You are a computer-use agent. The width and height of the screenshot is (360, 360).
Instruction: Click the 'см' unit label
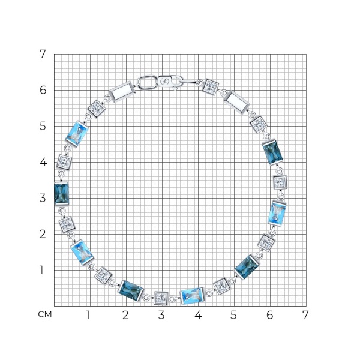[x=45, y=314]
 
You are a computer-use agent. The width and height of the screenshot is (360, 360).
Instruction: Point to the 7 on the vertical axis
[x=43, y=54]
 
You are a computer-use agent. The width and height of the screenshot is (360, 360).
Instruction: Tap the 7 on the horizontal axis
[x=305, y=315]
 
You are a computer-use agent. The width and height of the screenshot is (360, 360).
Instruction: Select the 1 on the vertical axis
[x=41, y=270]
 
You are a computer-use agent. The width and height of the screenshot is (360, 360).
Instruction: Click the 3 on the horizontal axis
[x=161, y=315]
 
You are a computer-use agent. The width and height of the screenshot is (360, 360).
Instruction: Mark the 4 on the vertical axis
[x=43, y=162]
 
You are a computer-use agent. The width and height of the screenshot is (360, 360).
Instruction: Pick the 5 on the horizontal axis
[x=233, y=315]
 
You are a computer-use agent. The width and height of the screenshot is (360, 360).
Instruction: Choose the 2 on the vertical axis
[x=43, y=234]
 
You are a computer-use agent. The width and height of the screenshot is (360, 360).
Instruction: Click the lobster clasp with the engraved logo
[x=170, y=82]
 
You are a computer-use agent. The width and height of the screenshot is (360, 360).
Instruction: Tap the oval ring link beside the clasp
[x=148, y=82]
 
